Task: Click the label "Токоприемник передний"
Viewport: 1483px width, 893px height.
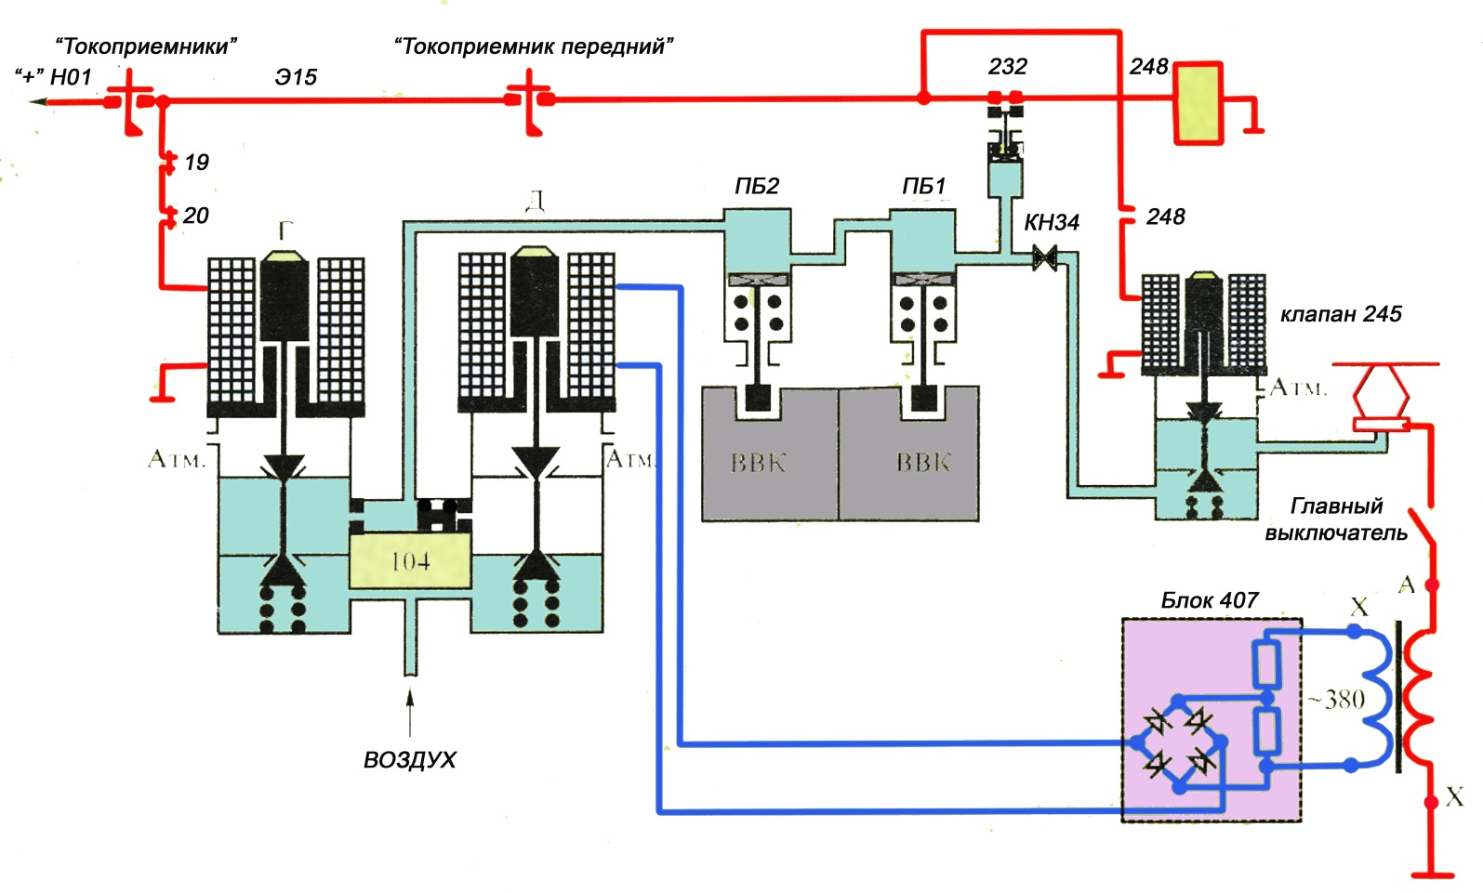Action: [x=534, y=46]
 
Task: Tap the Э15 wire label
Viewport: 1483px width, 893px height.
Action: [x=296, y=77]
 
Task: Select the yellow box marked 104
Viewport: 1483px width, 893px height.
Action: [x=410, y=561]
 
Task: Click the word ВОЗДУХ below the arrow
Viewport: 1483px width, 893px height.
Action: [x=409, y=760]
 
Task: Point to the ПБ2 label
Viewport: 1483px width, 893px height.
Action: [x=756, y=187]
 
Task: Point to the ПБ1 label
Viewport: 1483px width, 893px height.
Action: [x=923, y=187]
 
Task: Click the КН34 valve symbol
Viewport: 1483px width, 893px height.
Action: [x=1045, y=256]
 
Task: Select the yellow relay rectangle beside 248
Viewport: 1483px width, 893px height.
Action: [x=1197, y=102]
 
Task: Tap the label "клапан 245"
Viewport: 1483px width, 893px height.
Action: [x=1340, y=314]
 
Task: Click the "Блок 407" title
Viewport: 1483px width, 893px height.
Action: [x=1209, y=600]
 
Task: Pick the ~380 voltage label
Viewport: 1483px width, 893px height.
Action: [x=1336, y=700]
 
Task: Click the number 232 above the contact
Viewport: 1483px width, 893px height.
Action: [x=1007, y=67]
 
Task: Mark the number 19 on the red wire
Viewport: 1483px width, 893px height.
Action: [x=196, y=163]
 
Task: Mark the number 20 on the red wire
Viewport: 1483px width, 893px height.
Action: [x=195, y=216]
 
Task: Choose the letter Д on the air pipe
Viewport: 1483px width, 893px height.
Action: [x=535, y=202]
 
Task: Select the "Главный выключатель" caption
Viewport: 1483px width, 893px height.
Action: [x=1336, y=519]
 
